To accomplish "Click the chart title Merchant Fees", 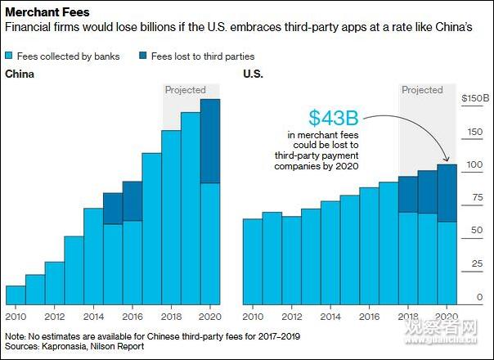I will point(47,12).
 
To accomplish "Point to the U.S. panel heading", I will point(254,75).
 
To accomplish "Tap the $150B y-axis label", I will point(473,98).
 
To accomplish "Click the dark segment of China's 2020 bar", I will point(210,141).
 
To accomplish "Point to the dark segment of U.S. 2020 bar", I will point(447,193).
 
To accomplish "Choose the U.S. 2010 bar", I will point(253,262).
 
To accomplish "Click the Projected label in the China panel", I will point(186,90).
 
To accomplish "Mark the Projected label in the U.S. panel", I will point(422,90).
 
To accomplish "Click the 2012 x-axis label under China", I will point(55,317).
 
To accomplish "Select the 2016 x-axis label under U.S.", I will point(369,317).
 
